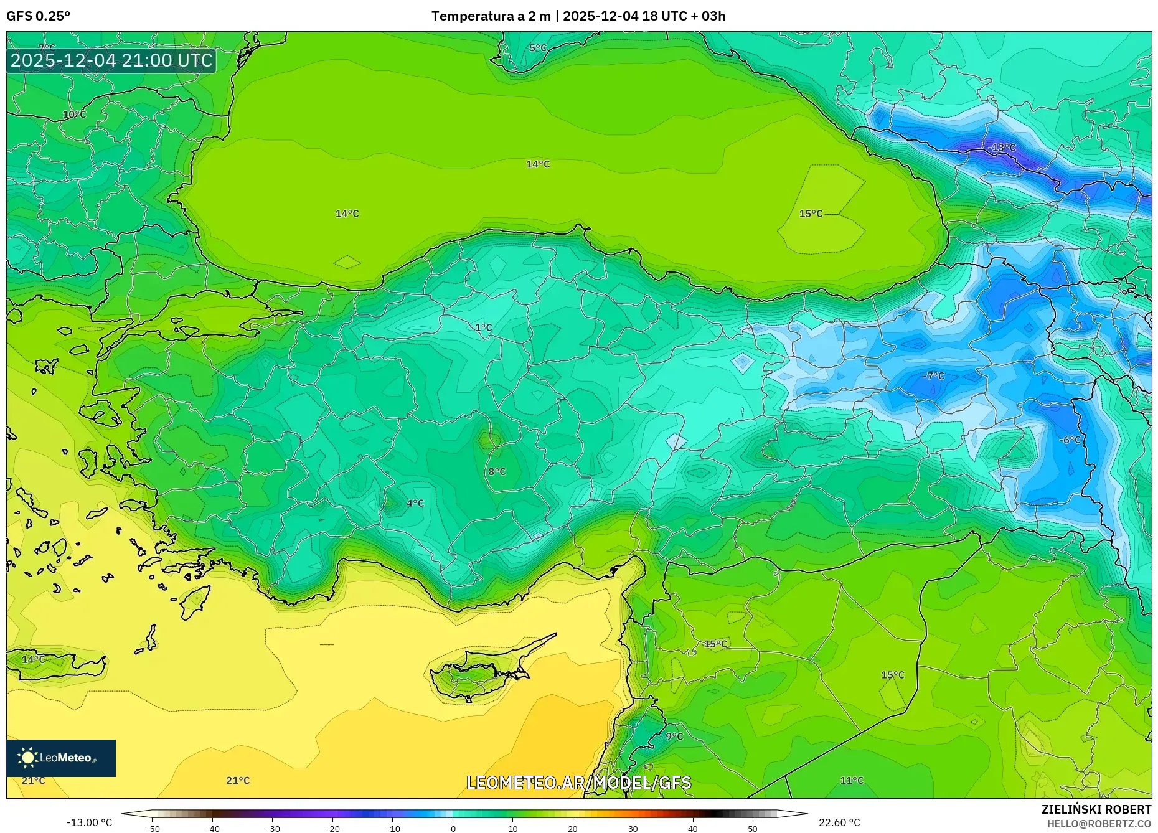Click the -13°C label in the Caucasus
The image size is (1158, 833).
pyautogui.click(x=1002, y=148)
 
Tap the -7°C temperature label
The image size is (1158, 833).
pyautogui.click(x=933, y=376)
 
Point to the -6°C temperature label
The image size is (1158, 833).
pyautogui.click(x=1070, y=440)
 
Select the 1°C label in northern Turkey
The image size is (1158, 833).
pyautogui.click(x=483, y=327)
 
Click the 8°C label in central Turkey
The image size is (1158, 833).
pyautogui.click(x=497, y=471)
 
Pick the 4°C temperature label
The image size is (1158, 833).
pyautogui.click(x=415, y=503)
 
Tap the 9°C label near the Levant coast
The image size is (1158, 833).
pyautogui.click(x=674, y=736)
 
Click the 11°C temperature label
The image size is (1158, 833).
pyautogui.click(x=852, y=780)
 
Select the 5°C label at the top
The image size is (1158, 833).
pyautogui.click(x=537, y=48)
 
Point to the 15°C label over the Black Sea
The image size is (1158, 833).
pyautogui.click(x=811, y=214)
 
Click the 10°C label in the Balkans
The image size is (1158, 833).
pyautogui.click(x=74, y=115)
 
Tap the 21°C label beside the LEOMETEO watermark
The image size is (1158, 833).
pyautogui.click(x=238, y=780)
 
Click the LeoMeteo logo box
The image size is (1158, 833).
pyautogui.click(x=61, y=758)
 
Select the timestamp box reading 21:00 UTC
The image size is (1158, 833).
pyautogui.click(x=111, y=60)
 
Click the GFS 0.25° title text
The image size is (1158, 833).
pyautogui.click(x=38, y=16)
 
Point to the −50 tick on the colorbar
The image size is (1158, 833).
pyautogui.click(x=153, y=829)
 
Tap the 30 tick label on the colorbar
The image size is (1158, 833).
pyautogui.click(x=633, y=829)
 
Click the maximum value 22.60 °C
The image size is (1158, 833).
pyautogui.click(x=839, y=822)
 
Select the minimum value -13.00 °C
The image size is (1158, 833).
pyautogui.click(x=89, y=822)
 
